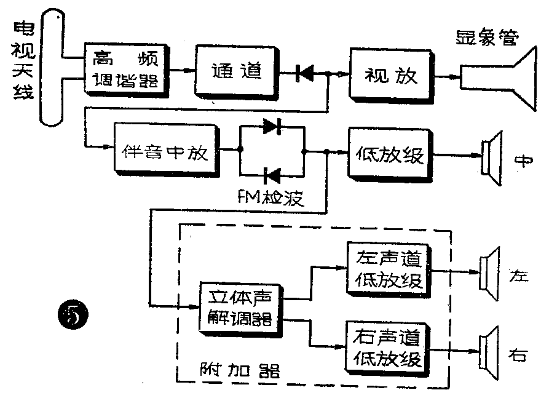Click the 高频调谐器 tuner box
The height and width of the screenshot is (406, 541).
(x=126, y=69)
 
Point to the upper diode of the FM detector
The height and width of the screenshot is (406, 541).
(x=271, y=127)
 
